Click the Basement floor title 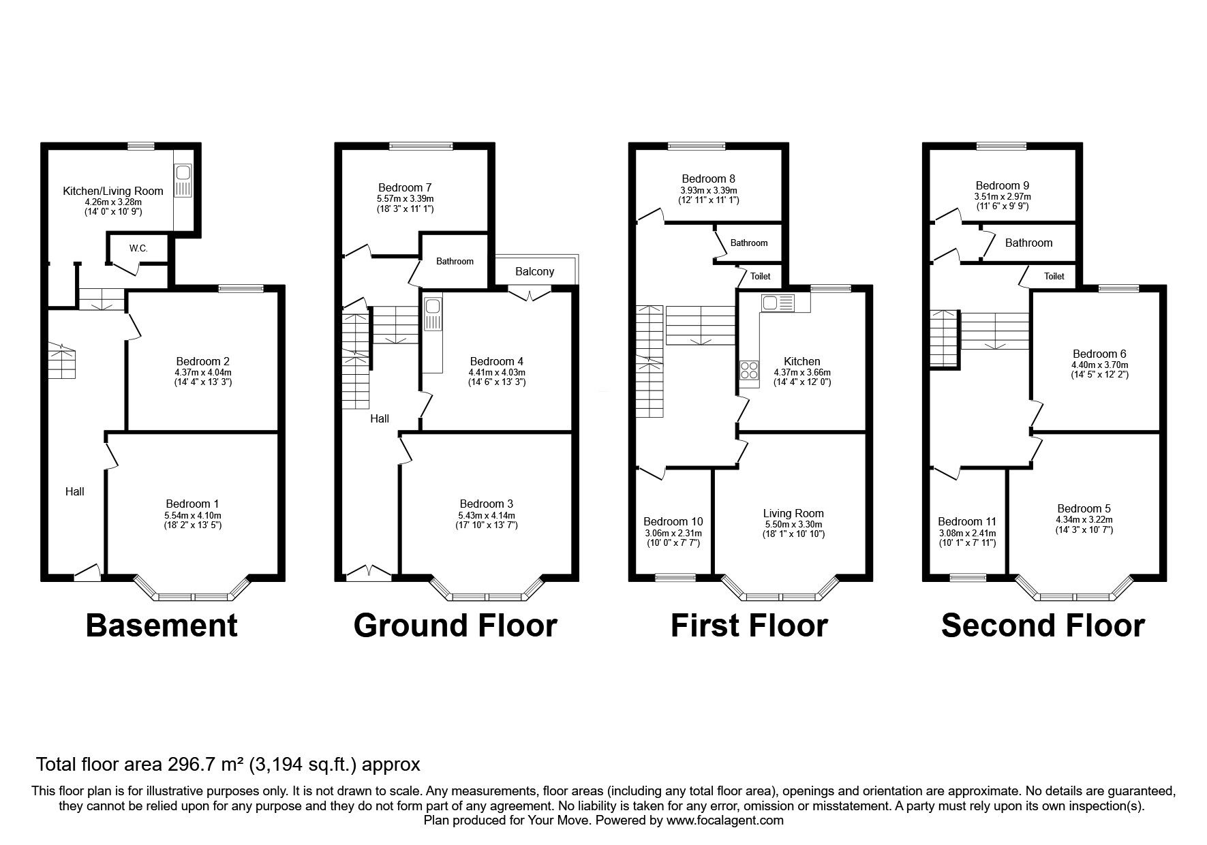[x=162, y=626]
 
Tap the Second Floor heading [x=1043, y=626]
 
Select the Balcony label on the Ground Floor [x=534, y=271]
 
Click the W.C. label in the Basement [x=138, y=248]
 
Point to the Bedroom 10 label [x=673, y=521]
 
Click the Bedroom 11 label [x=966, y=521]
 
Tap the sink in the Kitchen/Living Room [x=184, y=181]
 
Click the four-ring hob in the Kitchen [x=749, y=370]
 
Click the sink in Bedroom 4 [x=433, y=314]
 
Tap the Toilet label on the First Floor [x=760, y=276]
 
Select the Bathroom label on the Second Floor [x=1028, y=243]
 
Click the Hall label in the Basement [x=75, y=491]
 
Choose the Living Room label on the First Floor [x=793, y=513]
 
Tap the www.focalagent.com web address [x=725, y=820]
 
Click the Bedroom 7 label [x=405, y=187]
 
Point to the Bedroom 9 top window [x=1001, y=145]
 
